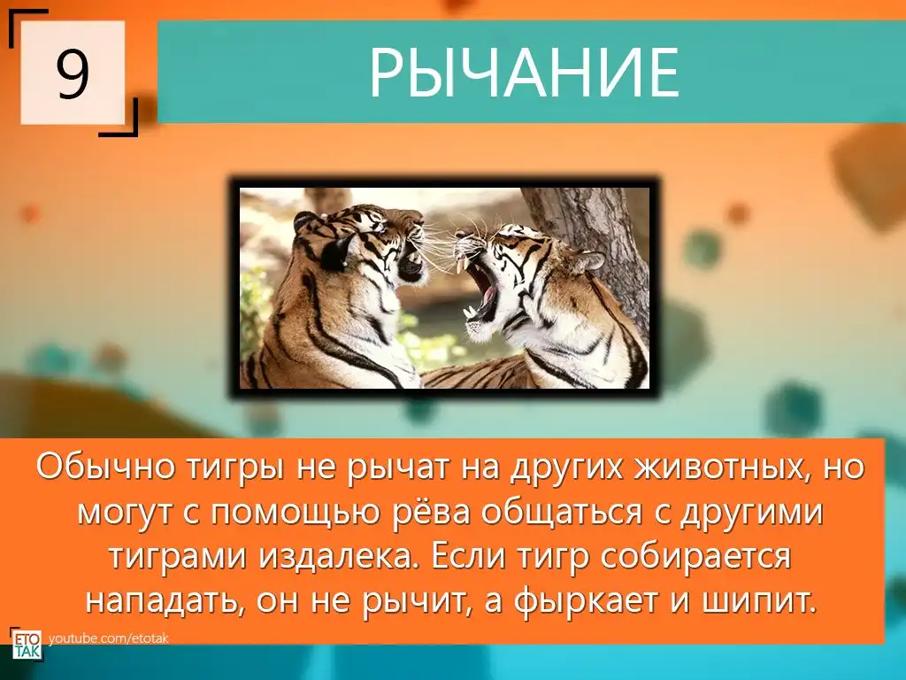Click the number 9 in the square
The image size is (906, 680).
coord(73,73)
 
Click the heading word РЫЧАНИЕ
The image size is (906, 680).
coord(524,73)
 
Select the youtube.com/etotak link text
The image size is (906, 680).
coord(108,638)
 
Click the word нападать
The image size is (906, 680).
coord(163,602)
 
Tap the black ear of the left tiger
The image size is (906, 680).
coord(334,251)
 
